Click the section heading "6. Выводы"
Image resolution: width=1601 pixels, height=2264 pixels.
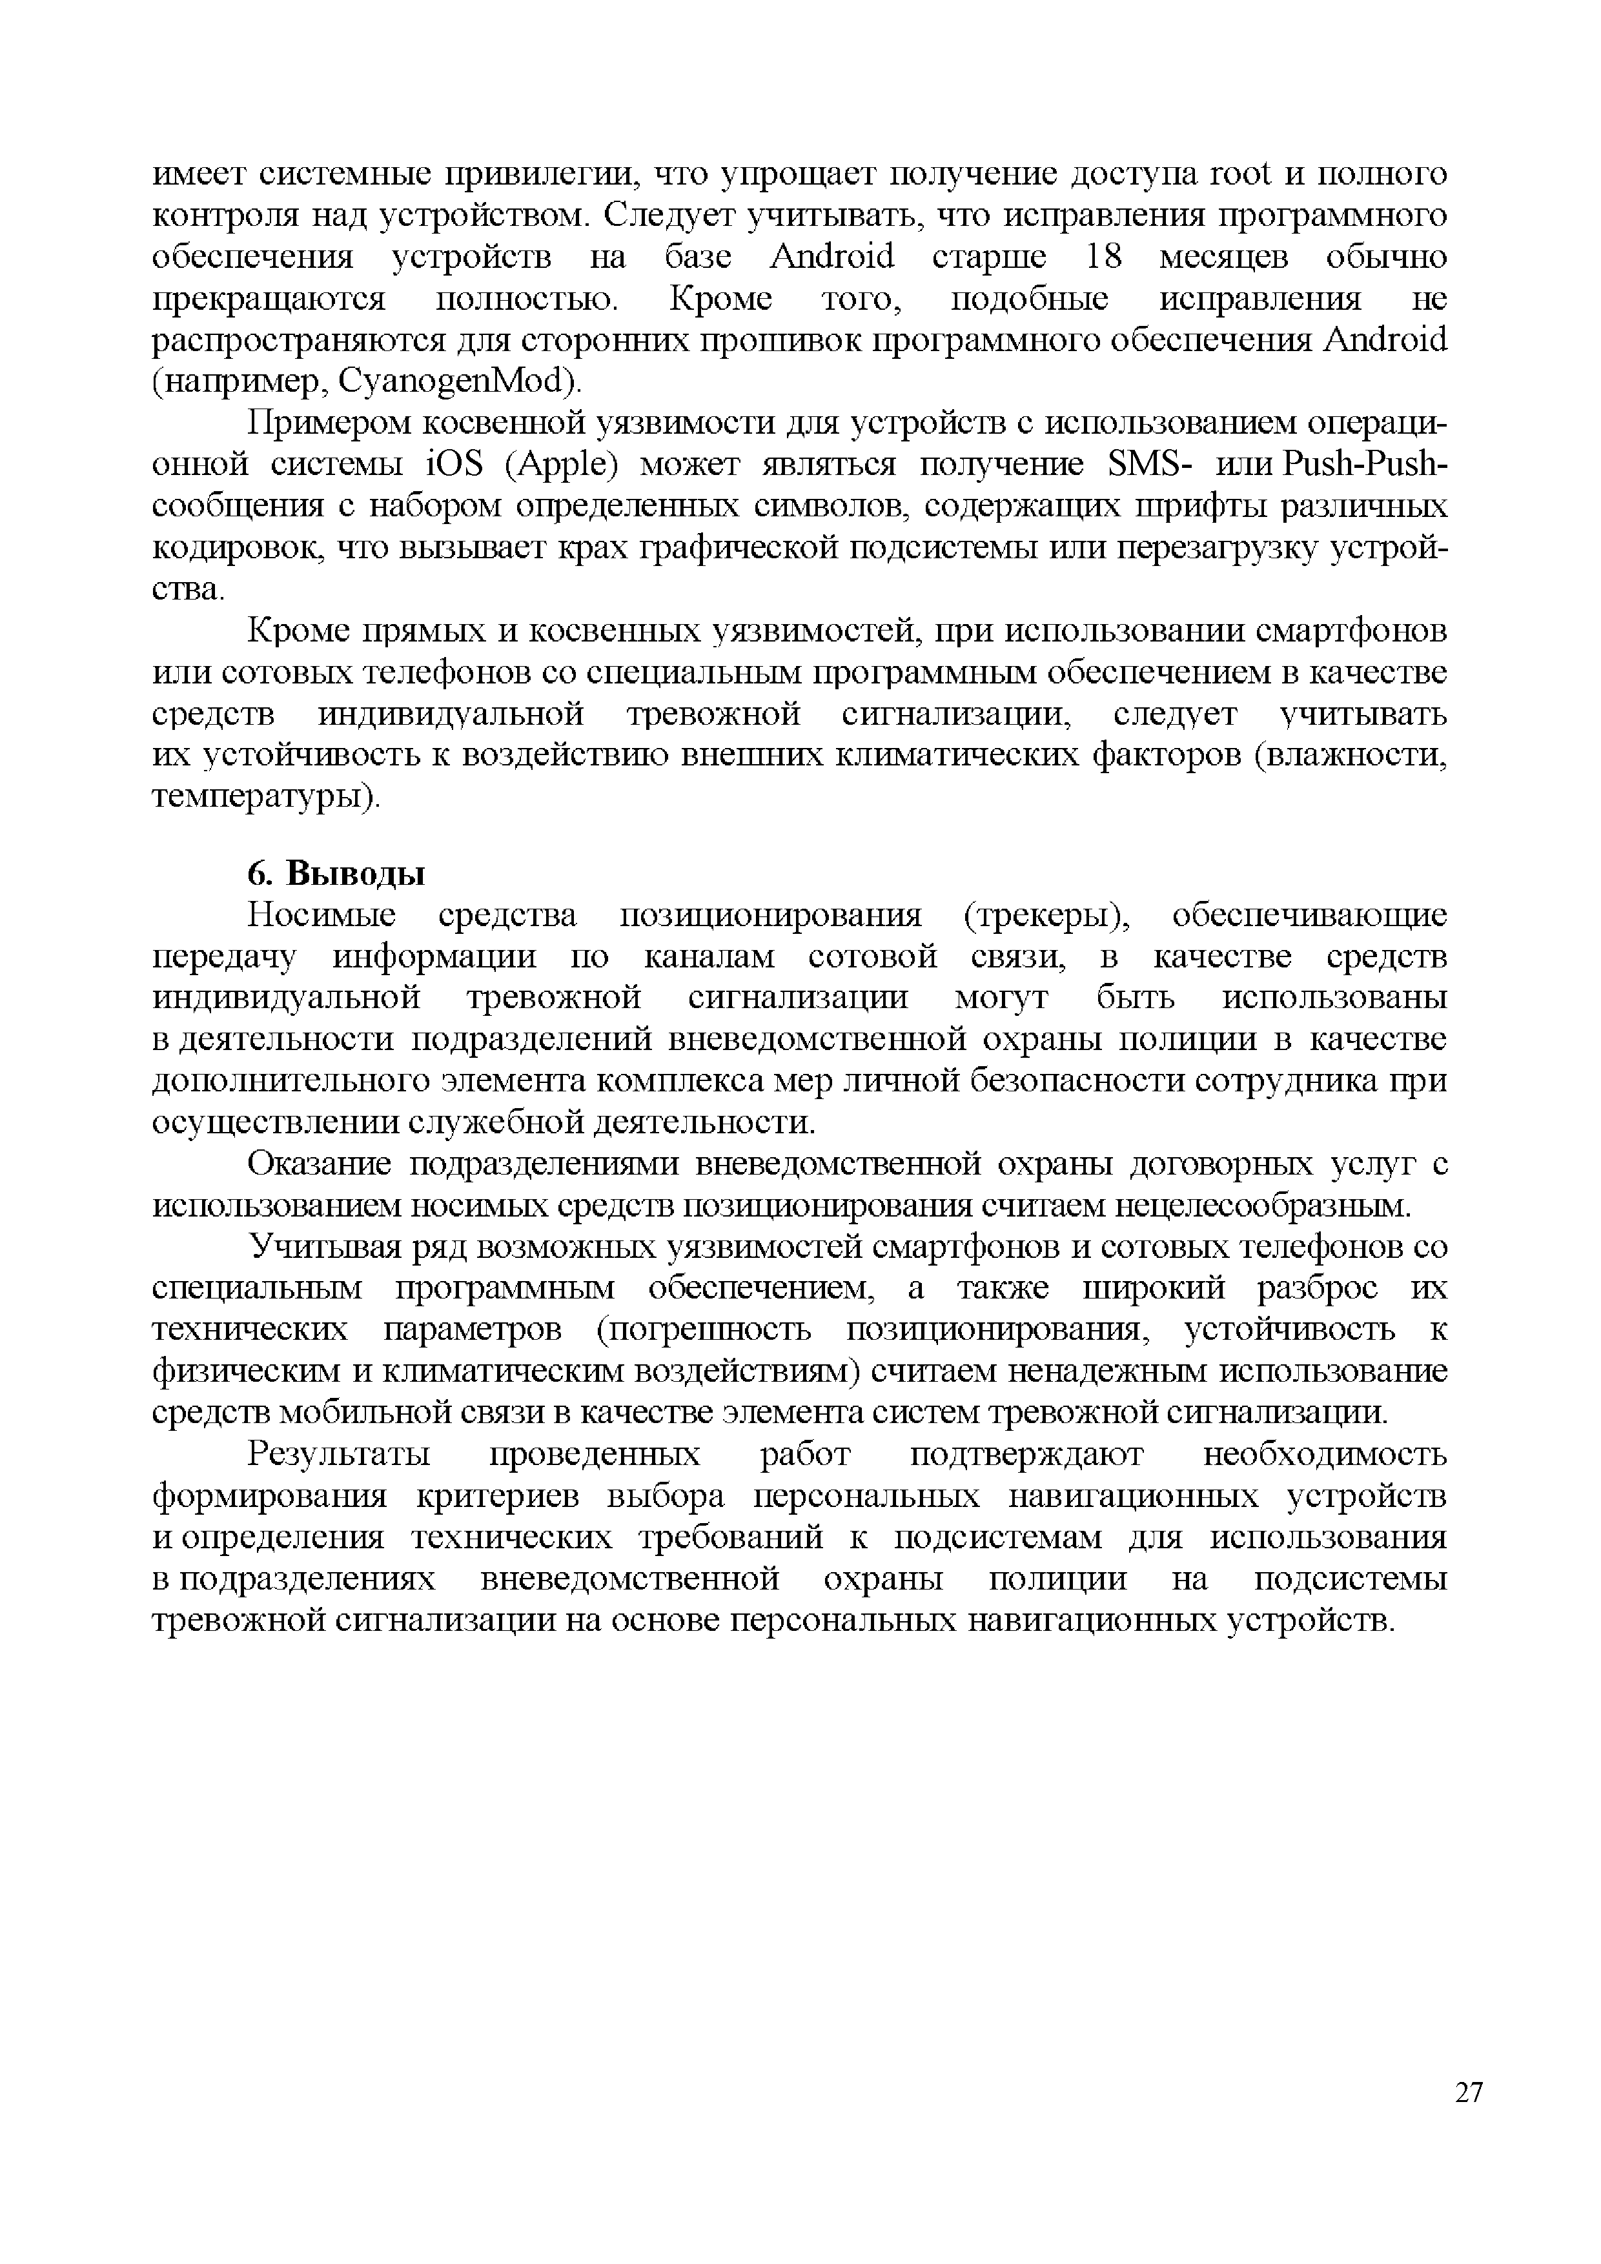click(336, 874)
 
